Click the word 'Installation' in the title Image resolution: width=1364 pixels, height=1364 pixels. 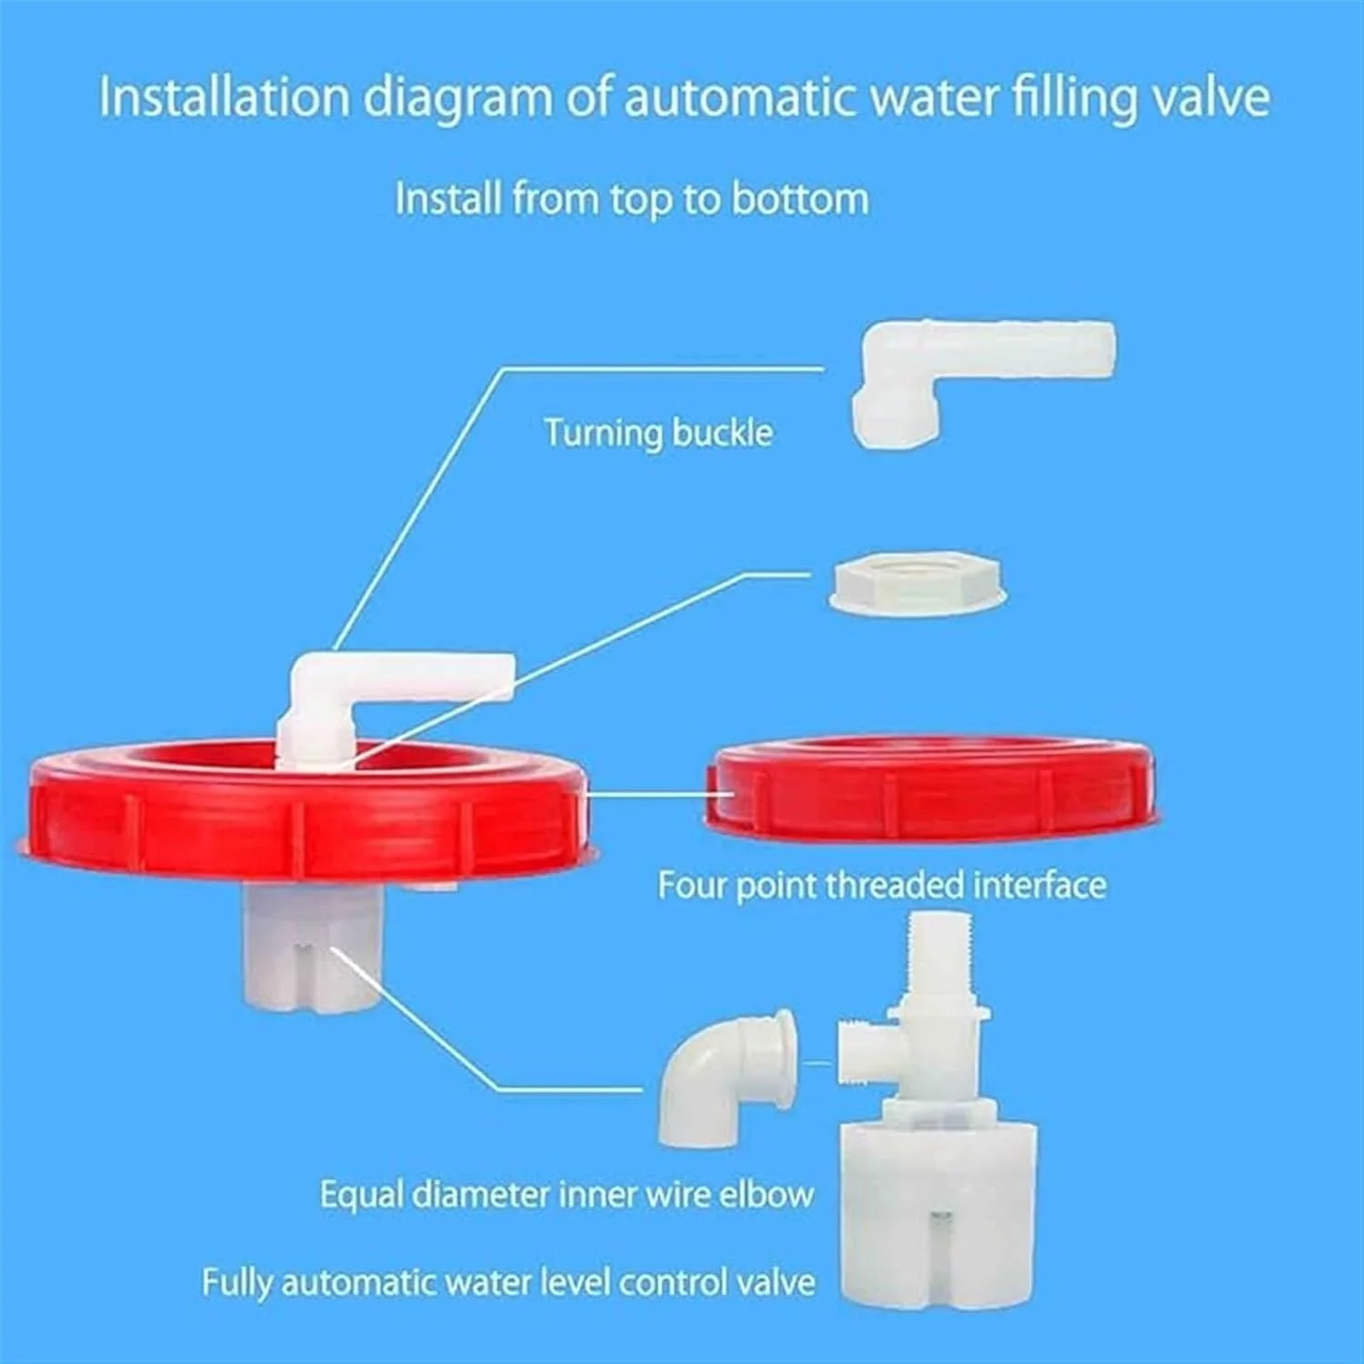(x=224, y=96)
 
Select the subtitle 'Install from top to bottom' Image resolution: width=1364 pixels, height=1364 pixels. (x=632, y=199)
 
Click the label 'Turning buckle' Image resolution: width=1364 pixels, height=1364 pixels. (x=658, y=433)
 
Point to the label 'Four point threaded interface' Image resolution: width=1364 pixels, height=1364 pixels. (x=882, y=885)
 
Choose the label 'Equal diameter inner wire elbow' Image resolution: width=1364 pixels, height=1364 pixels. (x=567, y=1194)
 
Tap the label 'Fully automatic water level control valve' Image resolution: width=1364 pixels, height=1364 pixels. (x=508, y=1283)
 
